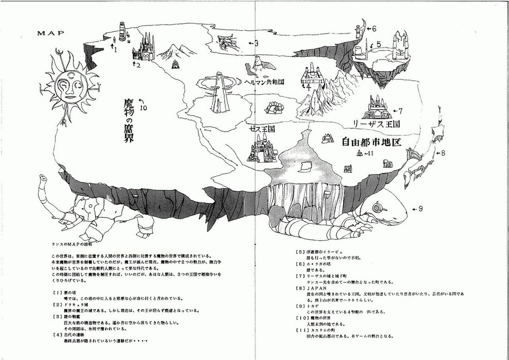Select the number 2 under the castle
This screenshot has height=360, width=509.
pyautogui.click(x=138, y=66)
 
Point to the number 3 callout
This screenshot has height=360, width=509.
pyautogui.click(x=256, y=43)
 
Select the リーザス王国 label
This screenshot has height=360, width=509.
pyautogui.click(x=377, y=124)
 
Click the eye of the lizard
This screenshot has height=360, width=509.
pyautogui.click(x=378, y=208)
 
